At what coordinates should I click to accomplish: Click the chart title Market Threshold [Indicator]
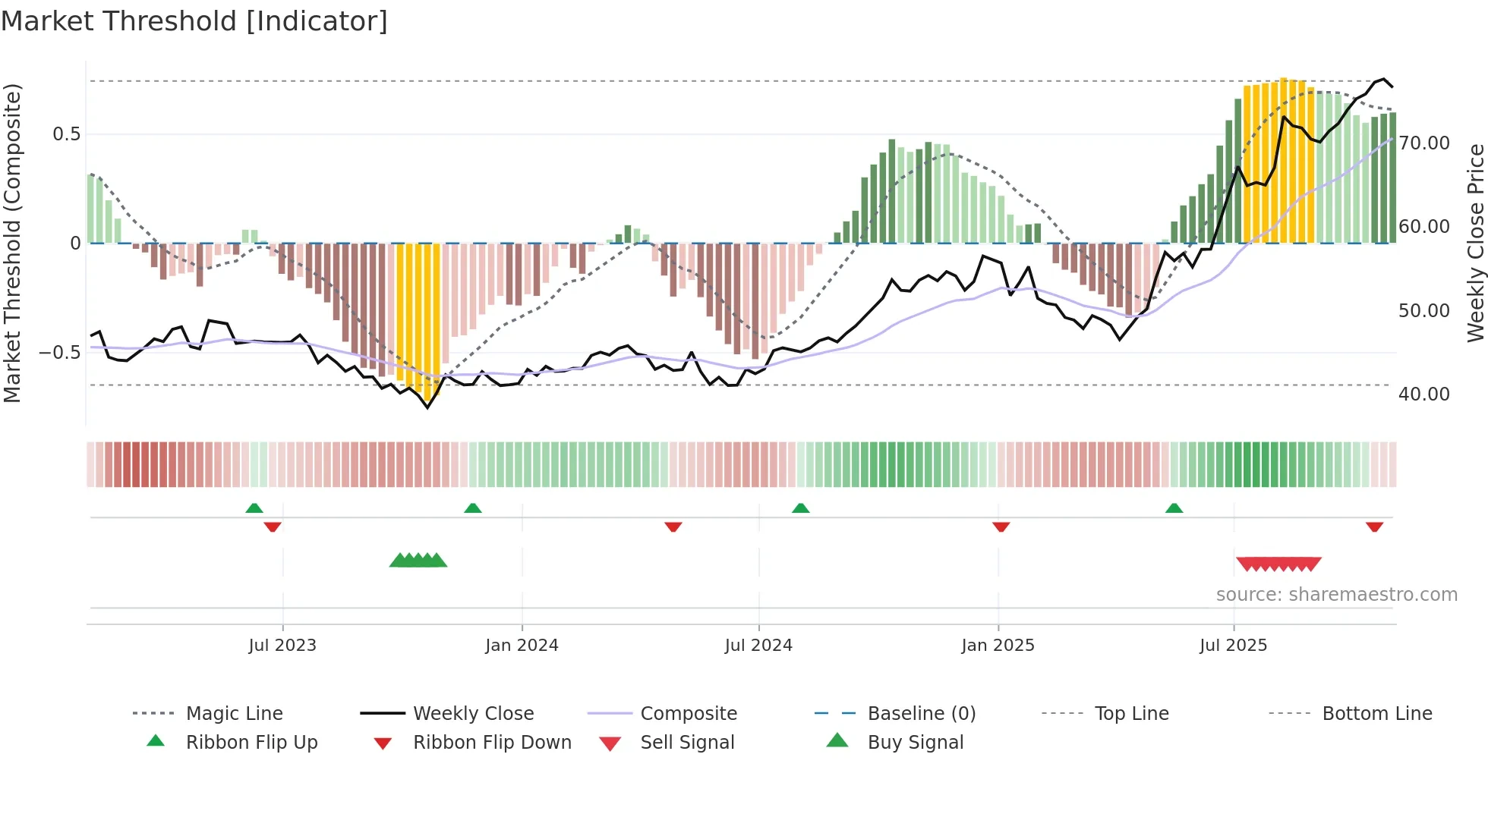[194, 21]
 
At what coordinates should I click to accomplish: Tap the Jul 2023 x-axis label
[282, 646]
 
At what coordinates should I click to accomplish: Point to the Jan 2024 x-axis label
[522, 646]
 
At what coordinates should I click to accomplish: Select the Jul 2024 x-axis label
[758, 646]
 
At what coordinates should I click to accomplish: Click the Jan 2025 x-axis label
[998, 646]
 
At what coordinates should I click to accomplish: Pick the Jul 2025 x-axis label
[1233, 646]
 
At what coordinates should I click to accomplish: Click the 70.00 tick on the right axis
[1424, 143]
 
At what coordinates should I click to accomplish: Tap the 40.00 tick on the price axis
[1424, 394]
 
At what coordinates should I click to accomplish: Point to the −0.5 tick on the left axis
[59, 353]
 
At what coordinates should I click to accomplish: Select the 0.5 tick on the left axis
[66, 134]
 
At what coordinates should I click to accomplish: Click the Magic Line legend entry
[234, 714]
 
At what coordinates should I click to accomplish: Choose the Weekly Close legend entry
[473, 714]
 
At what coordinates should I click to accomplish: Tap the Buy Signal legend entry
[915, 743]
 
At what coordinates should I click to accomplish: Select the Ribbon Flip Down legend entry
[491, 743]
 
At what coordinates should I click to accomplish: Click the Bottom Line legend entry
[1376, 714]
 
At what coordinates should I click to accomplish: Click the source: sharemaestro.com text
[1336, 595]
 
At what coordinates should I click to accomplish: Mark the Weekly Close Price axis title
[1475, 243]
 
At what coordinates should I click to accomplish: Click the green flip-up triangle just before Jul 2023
[254, 508]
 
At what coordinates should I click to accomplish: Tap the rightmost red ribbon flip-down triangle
[1374, 526]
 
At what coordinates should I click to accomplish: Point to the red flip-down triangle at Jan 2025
[1001, 526]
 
